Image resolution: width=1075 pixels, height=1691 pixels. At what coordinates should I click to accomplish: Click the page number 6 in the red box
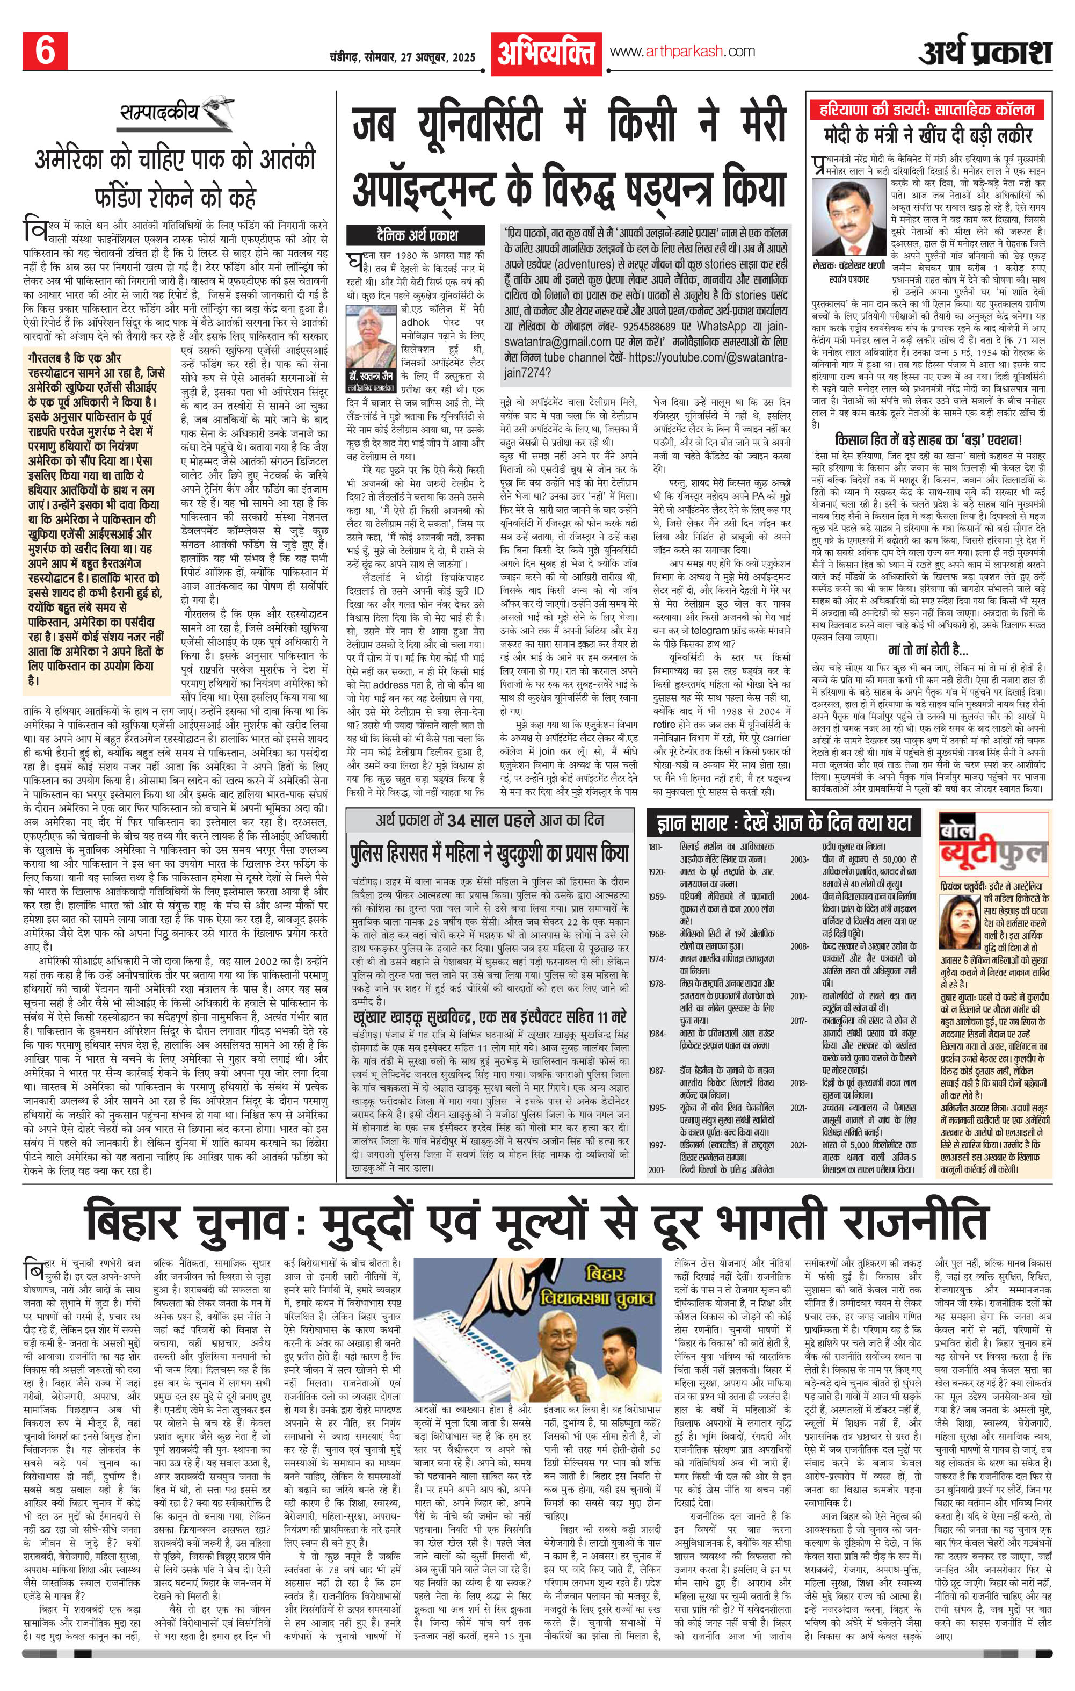[x=44, y=51]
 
